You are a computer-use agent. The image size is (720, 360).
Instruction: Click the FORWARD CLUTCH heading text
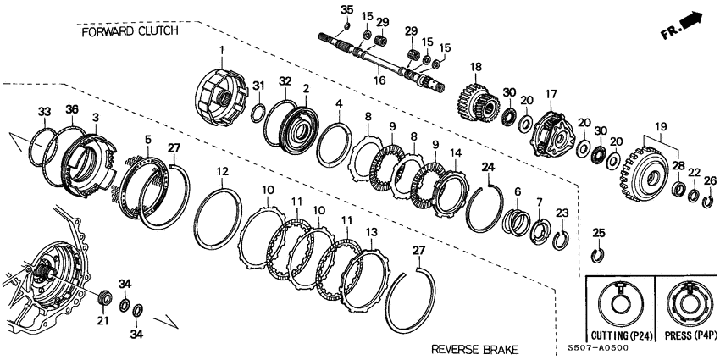coord(130,30)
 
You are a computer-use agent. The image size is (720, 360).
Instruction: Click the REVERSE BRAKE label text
coord(474,349)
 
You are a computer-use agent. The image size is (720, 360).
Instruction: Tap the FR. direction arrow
coord(683,25)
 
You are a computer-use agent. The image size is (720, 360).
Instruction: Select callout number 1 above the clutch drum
coord(223,51)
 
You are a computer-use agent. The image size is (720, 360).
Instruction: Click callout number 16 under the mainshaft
coord(380,79)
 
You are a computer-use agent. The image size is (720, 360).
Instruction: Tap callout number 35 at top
coord(346,9)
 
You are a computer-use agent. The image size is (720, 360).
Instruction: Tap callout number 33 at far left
coord(44,111)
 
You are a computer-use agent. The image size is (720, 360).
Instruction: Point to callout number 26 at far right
coord(710,180)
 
